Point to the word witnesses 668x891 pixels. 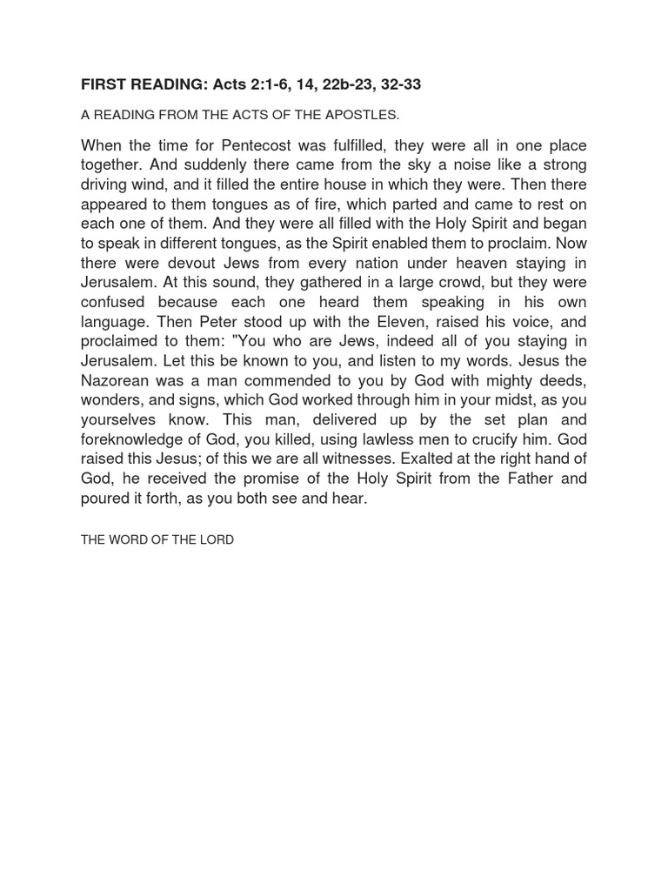[384, 459]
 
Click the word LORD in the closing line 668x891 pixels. [217, 540]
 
